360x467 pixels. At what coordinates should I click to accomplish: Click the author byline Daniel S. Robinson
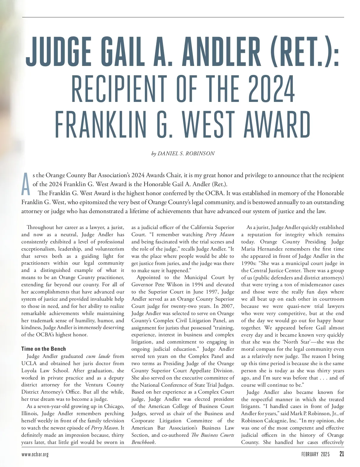coord(183,153)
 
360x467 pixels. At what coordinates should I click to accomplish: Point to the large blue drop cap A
coord(26,183)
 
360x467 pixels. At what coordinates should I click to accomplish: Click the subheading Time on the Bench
coord(43,349)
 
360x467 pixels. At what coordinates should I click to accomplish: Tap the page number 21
coord(341,454)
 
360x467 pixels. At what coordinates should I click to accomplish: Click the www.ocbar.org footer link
coord(35,454)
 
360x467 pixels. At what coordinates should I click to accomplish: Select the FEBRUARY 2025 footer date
coord(315,454)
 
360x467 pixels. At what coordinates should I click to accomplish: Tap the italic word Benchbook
coord(143,442)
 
